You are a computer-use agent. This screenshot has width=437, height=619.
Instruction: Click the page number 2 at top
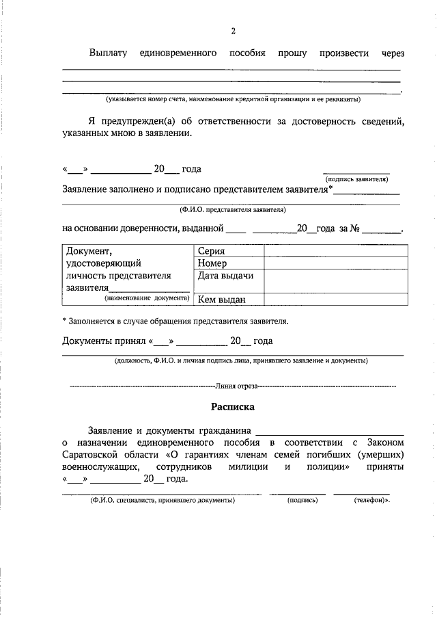coord(233,31)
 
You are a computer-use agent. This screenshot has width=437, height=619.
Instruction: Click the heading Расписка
coord(232,406)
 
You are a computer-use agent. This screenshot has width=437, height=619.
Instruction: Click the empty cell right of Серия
coord(333,251)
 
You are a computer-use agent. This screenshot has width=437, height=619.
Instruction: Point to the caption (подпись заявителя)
coord(356,179)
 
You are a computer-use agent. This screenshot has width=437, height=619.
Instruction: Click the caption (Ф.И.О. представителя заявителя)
coord(233,210)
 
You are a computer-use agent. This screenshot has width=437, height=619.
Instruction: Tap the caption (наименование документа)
coord(146,298)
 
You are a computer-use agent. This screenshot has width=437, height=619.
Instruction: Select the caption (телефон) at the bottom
coord(371,501)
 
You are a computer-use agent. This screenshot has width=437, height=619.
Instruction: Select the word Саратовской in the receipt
coord(91,454)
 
